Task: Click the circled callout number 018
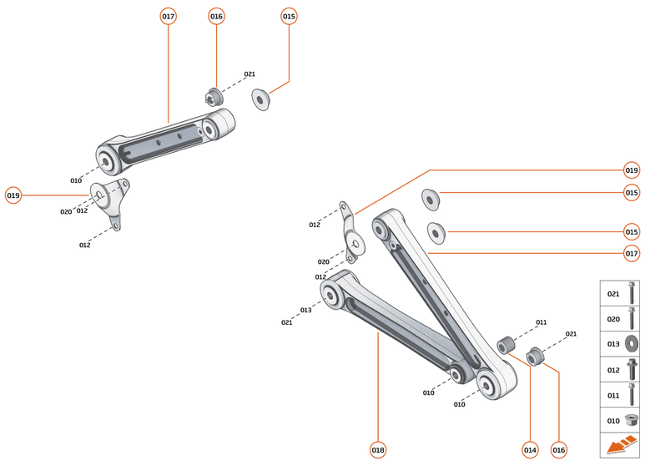(x=378, y=450)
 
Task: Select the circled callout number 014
(x=529, y=450)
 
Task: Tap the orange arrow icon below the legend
(x=619, y=447)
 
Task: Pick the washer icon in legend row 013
(x=631, y=343)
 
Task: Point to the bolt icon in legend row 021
(x=631, y=293)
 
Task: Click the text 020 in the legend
(x=613, y=319)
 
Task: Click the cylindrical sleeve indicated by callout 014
(x=506, y=345)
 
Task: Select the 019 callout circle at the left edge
(x=13, y=195)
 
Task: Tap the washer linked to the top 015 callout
(x=260, y=99)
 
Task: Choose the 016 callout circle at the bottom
(x=559, y=450)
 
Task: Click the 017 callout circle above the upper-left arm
(x=168, y=16)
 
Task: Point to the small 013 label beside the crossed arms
(x=306, y=310)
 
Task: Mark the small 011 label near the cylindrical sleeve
(x=541, y=322)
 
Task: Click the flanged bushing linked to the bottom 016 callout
(x=537, y=355)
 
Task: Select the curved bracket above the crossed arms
(x=351, y=234)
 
